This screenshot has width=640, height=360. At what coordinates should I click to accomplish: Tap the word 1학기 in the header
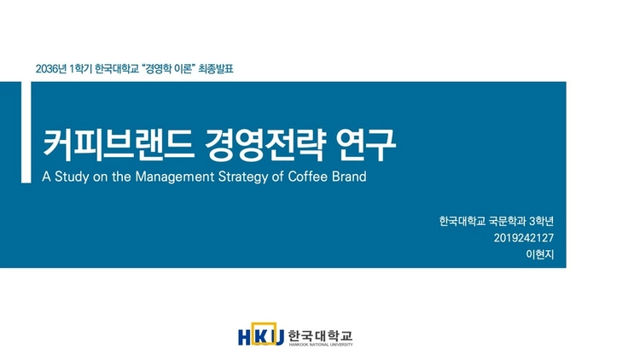(x=79, y=67)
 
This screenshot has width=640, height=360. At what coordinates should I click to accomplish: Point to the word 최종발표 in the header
(x=216, y=67)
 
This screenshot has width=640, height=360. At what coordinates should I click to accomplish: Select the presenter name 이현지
(x=541, y=255)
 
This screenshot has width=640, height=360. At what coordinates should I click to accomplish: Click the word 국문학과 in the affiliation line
(x=505, y=221)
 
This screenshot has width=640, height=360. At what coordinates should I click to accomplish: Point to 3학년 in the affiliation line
(x=542, y=221)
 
